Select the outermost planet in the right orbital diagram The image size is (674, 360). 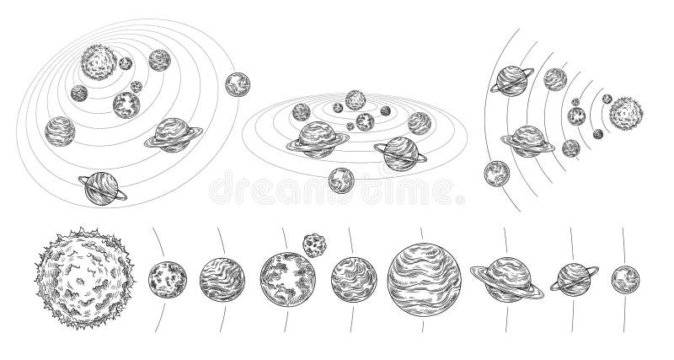point(496,174)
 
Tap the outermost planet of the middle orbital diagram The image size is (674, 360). point(341,179)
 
